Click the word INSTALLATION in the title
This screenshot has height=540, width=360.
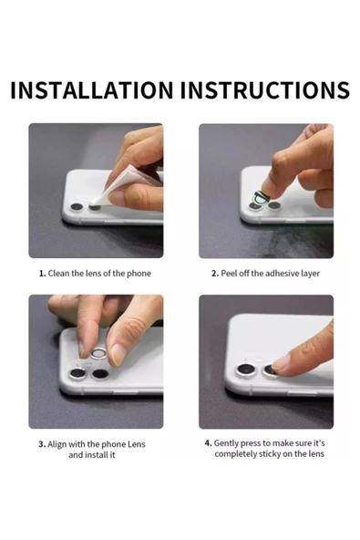point(91,90)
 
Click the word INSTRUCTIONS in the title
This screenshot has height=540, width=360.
point(265,90)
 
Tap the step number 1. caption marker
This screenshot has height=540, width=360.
point(42,274)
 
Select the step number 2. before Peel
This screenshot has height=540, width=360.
point(215,274)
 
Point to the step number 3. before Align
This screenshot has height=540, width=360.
point(42,444)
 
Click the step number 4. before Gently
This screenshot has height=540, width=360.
point(208,443)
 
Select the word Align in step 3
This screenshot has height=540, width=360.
point(57,444)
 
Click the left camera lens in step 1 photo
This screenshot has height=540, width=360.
point(77,207)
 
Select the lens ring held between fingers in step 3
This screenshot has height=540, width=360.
point(98,354)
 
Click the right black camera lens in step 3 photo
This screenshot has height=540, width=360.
point(100,374)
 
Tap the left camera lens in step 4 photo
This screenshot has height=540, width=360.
point(246,371)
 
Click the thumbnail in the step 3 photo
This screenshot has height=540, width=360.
point(118,355)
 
